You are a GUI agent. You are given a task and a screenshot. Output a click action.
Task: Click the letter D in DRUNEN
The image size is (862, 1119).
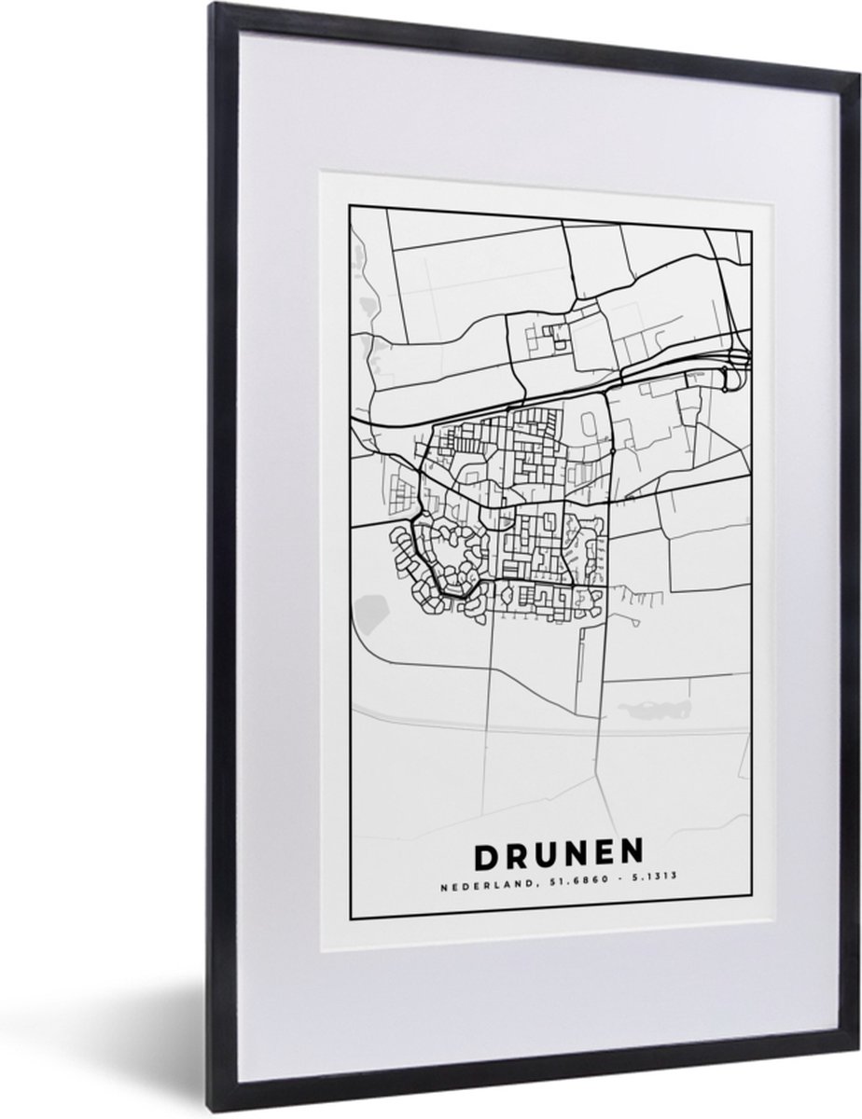(489, 855)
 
